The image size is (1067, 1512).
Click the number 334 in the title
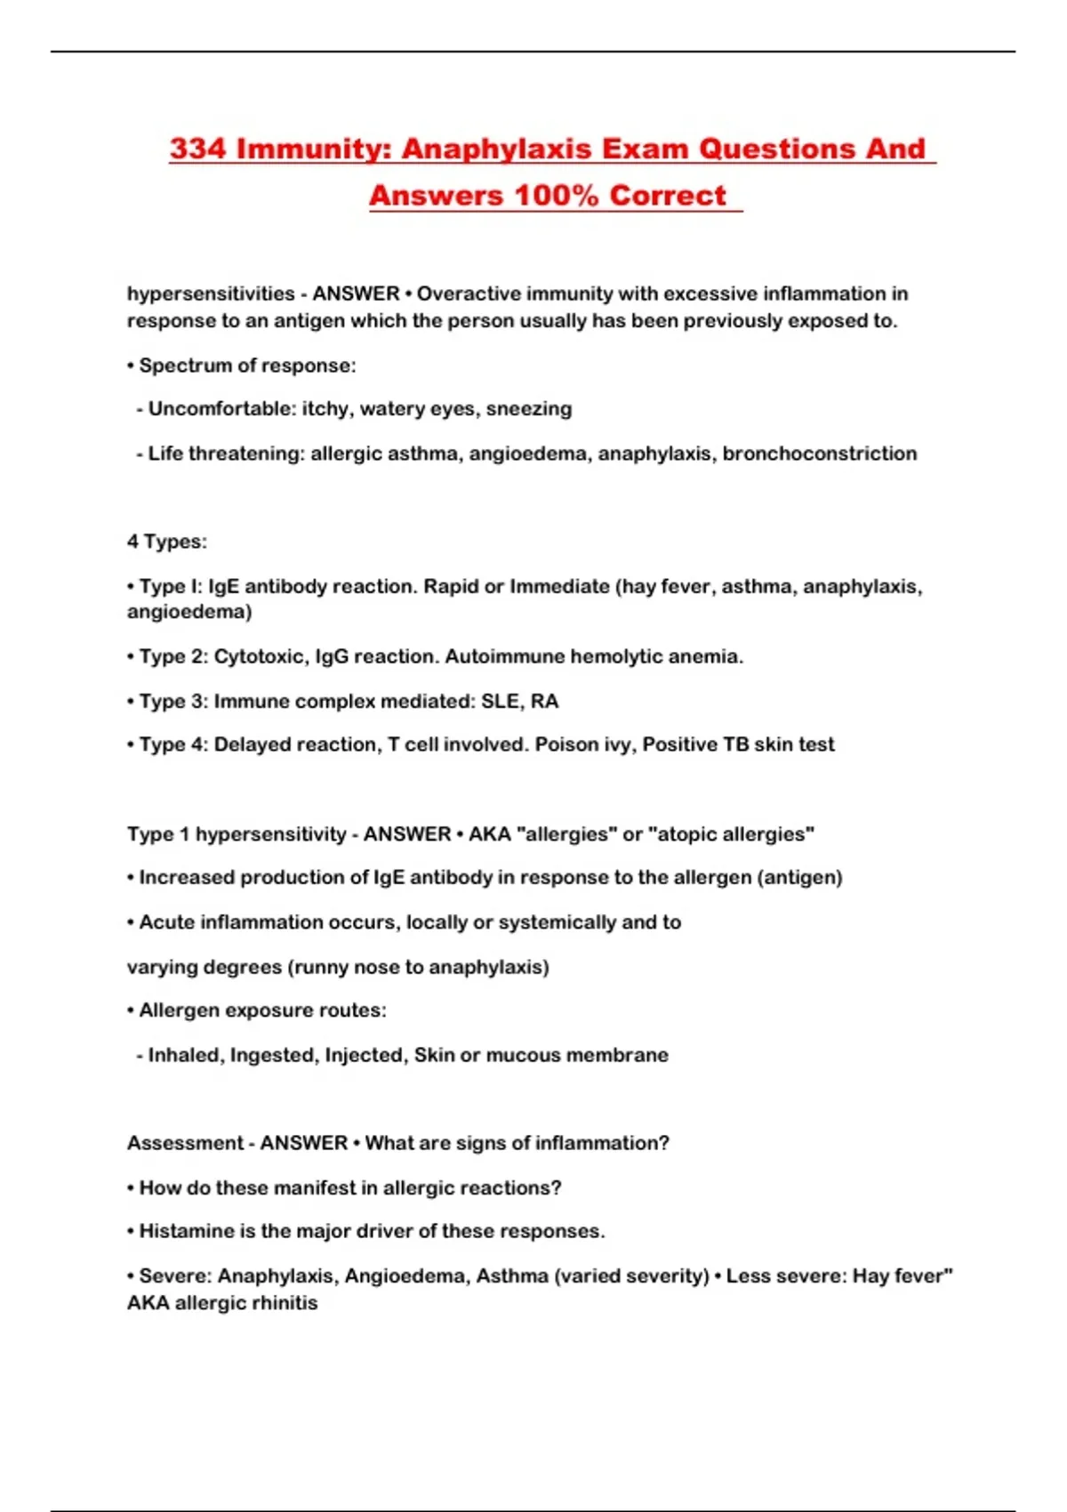click(x=198, y=149)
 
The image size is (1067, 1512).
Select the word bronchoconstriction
click(x=819, y=454)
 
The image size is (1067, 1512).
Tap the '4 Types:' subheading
click(x=167, y=542)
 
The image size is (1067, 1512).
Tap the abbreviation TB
click(x=736, y=744)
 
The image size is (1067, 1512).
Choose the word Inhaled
click(x=186, y=1055)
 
